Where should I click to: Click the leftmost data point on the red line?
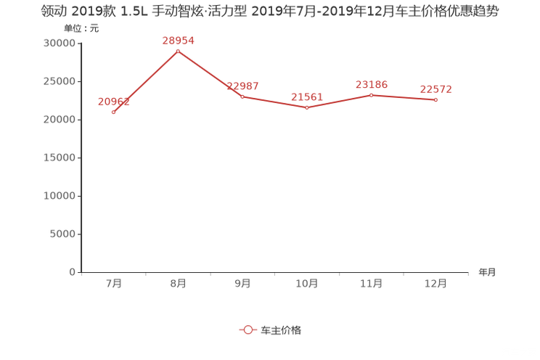point(113,112)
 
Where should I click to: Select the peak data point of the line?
point(178,51)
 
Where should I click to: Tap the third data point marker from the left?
point(242,97)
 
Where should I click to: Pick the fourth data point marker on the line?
point(307,108)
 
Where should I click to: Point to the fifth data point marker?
point(372,95)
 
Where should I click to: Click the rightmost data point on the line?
point(436,100)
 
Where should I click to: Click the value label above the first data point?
point(112,102)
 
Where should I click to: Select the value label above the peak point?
point(178,41)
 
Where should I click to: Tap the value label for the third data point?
point(242,86)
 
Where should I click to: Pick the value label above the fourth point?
point(306,97)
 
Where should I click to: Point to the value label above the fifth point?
point(372,85)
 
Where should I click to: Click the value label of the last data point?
point(436,89)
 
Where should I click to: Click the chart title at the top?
point(270,12)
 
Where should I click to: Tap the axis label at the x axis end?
point(487,273)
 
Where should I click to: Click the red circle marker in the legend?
point(248,330)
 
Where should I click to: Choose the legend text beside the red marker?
point(280,330)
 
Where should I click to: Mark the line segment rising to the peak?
point(145,81)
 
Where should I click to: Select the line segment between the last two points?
point(404,98)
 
